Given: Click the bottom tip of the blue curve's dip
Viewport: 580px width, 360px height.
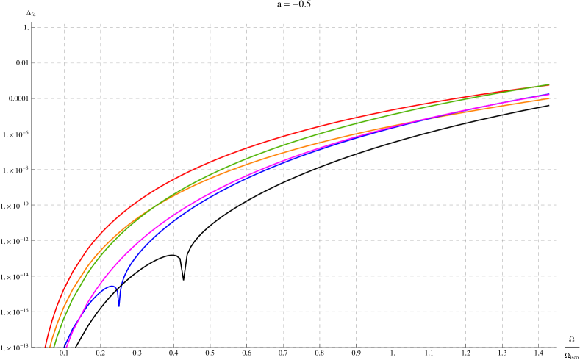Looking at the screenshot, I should point(118,305).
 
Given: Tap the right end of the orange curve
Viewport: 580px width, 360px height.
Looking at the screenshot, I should point(549,98).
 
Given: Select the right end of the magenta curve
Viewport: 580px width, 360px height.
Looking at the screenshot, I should point(549,95).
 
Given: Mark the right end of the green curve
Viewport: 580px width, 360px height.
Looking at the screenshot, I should point(549,84).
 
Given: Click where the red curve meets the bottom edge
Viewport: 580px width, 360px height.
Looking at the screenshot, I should point(45,347).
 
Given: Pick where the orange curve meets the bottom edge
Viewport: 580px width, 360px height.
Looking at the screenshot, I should point(49,347).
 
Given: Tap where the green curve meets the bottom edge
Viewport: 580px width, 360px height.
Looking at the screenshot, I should point(52,347).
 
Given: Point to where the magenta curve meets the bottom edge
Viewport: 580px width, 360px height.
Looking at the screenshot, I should point(65,347).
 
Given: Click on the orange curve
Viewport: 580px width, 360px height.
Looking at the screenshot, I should point(294,151).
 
